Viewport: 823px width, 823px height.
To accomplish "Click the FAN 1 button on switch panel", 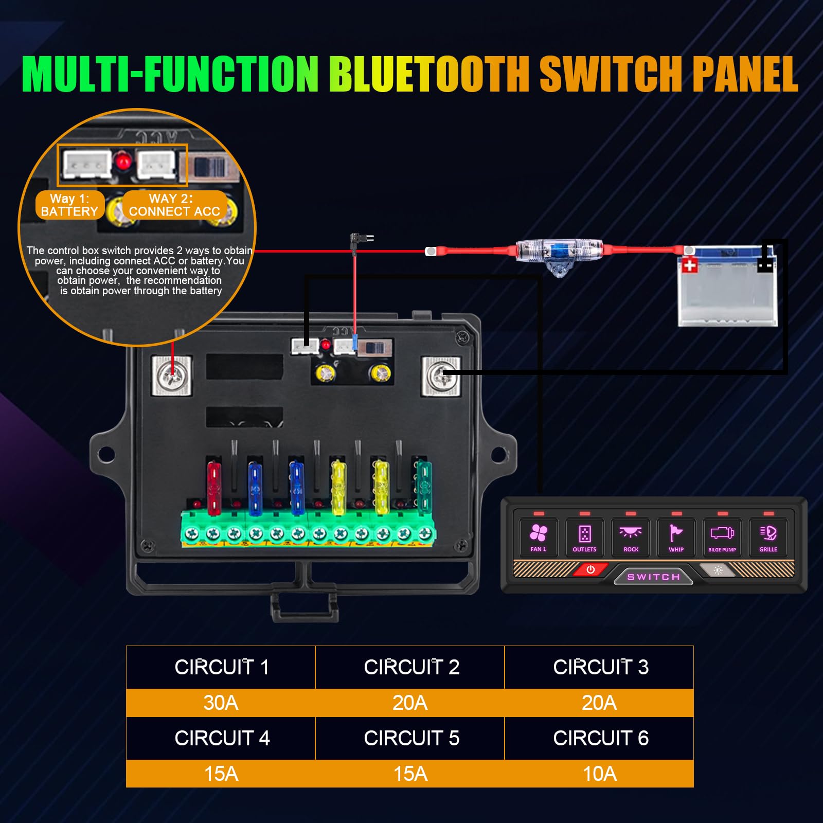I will (x=538, y=537).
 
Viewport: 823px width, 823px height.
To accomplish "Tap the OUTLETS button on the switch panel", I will (x=584, y=537).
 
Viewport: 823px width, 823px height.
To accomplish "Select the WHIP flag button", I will (x=676, y=537).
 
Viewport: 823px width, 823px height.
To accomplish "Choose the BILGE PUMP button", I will (x=722, y=537).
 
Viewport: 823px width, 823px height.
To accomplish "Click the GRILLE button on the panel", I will (x=768, y=537).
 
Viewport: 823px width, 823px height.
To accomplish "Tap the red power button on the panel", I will (x=591, y=570).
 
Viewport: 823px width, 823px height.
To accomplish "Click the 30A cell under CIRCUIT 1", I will (x=221, y=703).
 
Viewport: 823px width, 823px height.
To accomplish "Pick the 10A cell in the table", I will (x=599, y=774).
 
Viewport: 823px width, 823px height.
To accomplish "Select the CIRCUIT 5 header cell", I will (x=410, y=738).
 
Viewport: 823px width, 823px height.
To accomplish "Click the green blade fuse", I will (x=424, y=486).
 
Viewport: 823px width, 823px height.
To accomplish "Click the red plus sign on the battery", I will (x=689, y=265).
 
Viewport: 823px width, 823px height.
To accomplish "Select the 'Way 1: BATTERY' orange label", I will (x=69, y=205).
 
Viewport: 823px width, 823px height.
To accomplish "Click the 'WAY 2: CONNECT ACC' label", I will (x=174, y=205).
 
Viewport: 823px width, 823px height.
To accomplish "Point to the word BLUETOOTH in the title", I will (x=430, y=75).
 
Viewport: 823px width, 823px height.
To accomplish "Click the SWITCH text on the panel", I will (x=653, y=577).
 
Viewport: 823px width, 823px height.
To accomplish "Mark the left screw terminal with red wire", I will (x=172, y=376).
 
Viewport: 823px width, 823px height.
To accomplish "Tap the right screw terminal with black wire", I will (x=441, y=377).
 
